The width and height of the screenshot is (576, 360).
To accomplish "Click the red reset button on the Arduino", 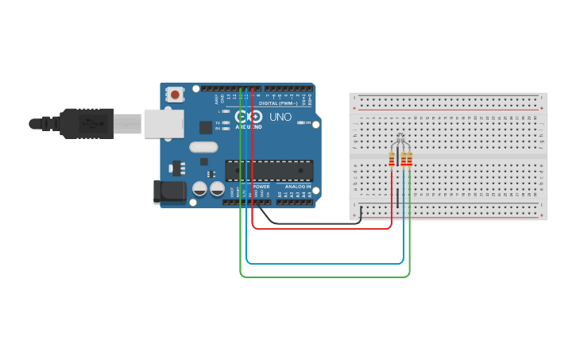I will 175,95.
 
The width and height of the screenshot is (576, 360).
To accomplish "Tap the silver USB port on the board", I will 164,123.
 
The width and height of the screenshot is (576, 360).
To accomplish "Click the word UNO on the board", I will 280,117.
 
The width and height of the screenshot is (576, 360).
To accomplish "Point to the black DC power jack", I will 168,191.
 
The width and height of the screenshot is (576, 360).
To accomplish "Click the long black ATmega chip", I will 269,170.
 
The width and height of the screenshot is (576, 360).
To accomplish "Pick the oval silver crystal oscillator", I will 203,146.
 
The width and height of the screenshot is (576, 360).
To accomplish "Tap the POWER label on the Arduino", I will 261,187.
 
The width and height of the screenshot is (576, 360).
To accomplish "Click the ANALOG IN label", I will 298,187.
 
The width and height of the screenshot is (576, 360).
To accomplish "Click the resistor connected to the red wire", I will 392,160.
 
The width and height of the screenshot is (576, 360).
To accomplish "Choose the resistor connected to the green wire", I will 409,160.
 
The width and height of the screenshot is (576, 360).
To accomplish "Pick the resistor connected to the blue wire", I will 404,160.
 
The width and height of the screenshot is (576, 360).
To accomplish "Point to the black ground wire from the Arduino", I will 318,222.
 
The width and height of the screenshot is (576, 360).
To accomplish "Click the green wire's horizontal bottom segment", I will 326,277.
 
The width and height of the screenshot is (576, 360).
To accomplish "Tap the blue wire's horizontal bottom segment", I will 326,262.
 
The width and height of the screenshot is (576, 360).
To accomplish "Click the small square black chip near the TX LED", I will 206,126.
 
